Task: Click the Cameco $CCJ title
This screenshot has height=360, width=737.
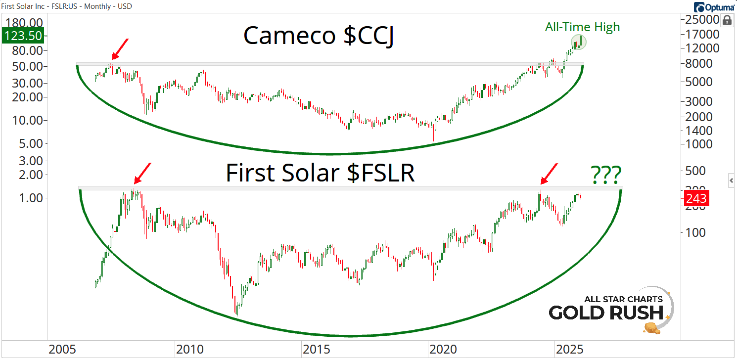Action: point(319,36)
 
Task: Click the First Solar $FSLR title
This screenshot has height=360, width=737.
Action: point(320,174)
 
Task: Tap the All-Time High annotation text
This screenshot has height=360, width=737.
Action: point(582,27)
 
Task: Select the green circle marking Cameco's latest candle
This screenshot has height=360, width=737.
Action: point(578,42)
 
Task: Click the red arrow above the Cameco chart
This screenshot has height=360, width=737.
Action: point(119,49)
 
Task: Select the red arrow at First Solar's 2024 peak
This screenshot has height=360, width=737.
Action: point(549,174)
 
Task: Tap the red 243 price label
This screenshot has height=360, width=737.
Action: point(696,199)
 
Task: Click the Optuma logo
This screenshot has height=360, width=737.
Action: point(713,7)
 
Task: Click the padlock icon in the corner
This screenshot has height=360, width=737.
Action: point(727,20)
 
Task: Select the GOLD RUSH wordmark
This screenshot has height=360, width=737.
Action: point(606,313)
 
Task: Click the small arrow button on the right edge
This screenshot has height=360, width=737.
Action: point(732,181)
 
